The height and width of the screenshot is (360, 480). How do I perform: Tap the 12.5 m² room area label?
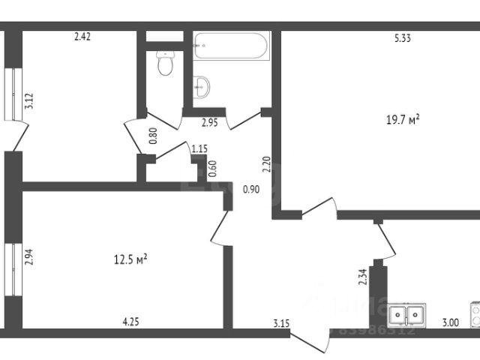pyautogui.click(x=130, y=259)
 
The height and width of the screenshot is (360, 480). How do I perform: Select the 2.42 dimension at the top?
pyautogui.click(x=82, y=35)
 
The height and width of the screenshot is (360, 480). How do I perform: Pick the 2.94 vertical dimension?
pyautogui.click(x=29, y=259)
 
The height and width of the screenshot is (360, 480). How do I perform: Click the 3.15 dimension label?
pyautogui.click(x=281, y=323)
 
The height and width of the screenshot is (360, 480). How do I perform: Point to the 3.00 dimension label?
pyautogui.click(x=450, y=323)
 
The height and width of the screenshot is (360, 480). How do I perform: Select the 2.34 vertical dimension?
pyautogui.click(x=362, y=278)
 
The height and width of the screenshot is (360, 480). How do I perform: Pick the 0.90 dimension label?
pyautogui.click(x=251, y=190)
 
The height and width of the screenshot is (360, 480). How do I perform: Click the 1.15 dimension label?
pyautogui.click(x=199, y=149)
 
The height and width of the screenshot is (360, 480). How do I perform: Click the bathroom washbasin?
pyautogui.click(x=202, y=87)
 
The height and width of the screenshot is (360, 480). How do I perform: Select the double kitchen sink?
pyautogui.click(x=406, y=315)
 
